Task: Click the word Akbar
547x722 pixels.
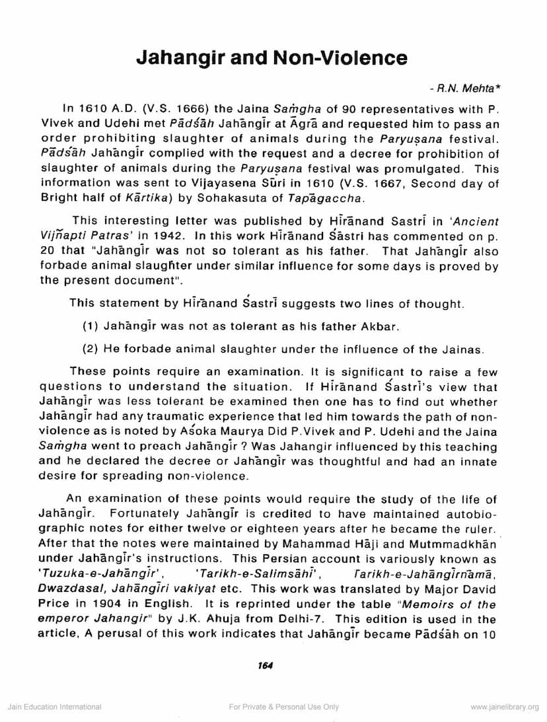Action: click(x=383, y=326)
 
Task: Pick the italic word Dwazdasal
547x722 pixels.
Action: click(x=68, y=590)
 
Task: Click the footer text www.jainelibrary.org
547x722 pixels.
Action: click(x=505, y=707)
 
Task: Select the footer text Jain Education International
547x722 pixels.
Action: click(x=54, y=707)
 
